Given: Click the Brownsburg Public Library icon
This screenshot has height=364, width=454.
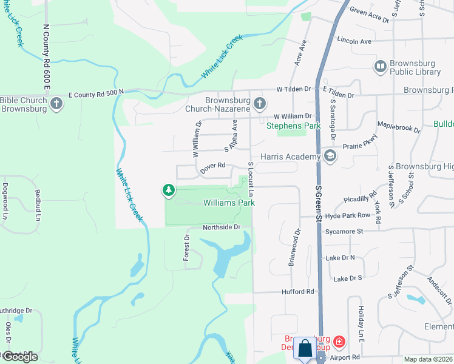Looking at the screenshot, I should coord(381,66).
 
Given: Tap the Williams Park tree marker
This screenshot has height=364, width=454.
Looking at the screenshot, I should coord(169,190).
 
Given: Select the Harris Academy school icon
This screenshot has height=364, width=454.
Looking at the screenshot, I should coord(330,157).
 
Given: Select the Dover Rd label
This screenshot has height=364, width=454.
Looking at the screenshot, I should coord(213,165).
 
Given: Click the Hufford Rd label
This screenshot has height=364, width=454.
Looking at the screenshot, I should coord(297,291).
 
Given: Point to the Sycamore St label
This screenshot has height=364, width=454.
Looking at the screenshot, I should coord(344,231).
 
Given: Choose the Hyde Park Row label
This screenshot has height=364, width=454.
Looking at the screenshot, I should coord(348,215).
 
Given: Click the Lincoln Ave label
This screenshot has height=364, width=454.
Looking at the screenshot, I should coord(354,42).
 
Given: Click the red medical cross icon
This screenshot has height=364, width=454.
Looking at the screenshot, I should coord(338,343).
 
